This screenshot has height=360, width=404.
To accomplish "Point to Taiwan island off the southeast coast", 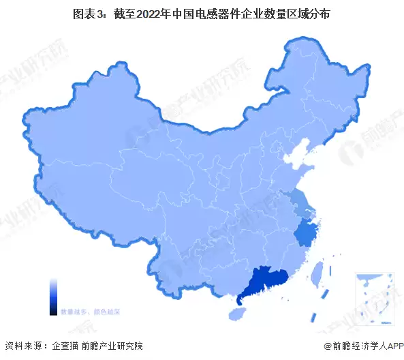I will point(316,273).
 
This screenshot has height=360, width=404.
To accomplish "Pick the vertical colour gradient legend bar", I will point(53,296).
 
